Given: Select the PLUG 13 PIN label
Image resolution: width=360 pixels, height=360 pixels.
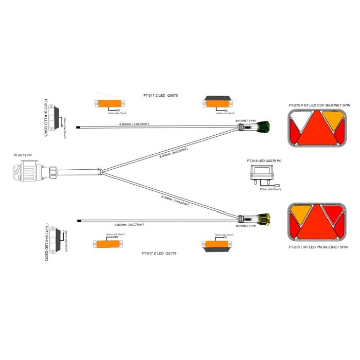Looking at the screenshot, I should pyautogui.click(x=22, y=154).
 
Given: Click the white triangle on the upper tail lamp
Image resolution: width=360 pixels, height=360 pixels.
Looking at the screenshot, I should pyautogui.click(x=300, y=121).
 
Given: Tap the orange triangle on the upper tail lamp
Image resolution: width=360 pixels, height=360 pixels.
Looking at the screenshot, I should pyautogui.click(x=332, y=121).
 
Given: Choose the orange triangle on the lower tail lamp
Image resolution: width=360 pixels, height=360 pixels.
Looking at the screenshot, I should pyautogui.click(x=299, y=212).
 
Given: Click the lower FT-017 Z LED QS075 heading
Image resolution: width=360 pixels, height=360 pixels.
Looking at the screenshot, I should pyautogui.click(x=163, y=254).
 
